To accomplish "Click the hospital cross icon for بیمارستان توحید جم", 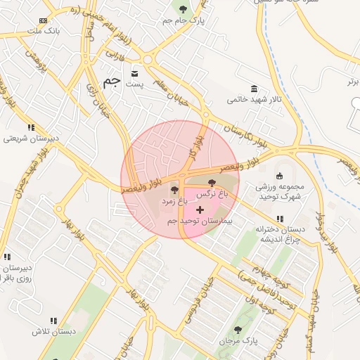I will (200, 210).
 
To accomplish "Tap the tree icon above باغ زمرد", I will (174, 190).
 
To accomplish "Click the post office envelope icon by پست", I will (134, 74).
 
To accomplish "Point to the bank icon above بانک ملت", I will (44, 21).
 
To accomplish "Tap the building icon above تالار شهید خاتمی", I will (253, 89).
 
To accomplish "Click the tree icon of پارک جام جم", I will (184, 9).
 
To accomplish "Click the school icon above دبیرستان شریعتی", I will (31, 127).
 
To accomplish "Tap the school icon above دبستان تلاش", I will (58, 320).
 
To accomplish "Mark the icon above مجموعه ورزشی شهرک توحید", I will (279, 176).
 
